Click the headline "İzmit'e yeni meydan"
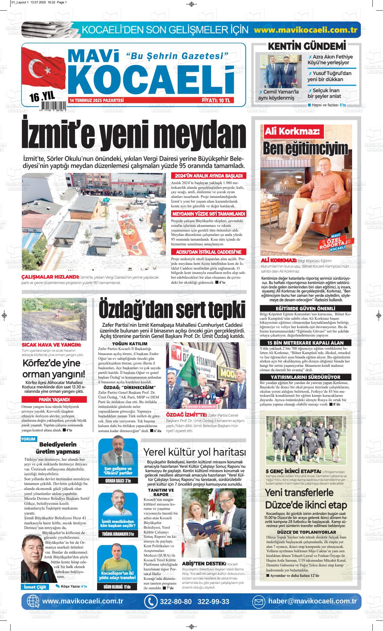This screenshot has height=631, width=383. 134,135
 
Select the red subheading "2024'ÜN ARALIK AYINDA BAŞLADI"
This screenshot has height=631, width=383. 209,176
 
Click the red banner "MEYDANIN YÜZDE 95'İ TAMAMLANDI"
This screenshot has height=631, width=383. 209,214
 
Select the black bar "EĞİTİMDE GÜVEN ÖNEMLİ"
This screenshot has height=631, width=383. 305,309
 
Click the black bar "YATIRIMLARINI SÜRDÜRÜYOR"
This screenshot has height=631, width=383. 305,377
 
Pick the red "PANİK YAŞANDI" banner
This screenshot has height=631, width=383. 54,399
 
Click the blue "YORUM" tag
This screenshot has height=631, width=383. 28,440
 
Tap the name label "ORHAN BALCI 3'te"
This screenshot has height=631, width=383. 118,481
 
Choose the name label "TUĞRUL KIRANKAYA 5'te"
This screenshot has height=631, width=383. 118,534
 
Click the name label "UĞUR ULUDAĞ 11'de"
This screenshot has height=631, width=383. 118,587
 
